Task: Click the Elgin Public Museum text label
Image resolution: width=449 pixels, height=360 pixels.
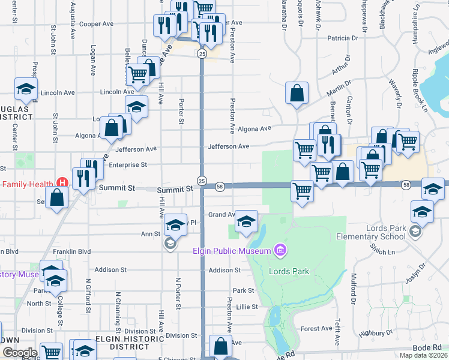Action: [x=231, y=250]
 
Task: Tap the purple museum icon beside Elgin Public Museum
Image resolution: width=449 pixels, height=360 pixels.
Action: [x=279, y=248]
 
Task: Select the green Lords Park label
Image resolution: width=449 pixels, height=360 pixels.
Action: [x=289, y=272]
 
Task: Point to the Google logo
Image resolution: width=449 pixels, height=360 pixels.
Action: [x=20, y=352]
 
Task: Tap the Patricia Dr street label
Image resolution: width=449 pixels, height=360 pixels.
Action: [x=343, y=38]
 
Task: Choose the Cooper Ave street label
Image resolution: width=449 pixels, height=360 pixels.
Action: [x=97, y=24]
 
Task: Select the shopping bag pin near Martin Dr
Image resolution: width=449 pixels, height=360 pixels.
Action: [x=297, y=94]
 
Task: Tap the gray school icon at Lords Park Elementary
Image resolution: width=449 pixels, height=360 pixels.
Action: [x=415, y=230]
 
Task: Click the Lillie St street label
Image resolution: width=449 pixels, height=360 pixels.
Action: [x=247, y=307]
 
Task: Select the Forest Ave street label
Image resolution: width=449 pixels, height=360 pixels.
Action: [x=316, y=328]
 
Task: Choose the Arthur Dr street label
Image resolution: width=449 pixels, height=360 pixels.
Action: [x=341, y=70]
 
